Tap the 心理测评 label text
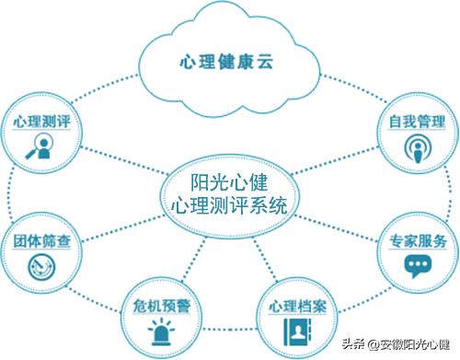coord(43,122)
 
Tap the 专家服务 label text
coord(417,241)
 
